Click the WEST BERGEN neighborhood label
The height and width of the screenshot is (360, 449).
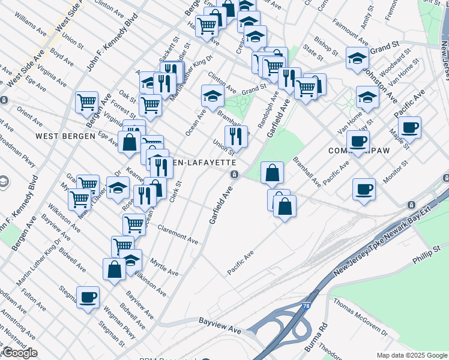[65, 136]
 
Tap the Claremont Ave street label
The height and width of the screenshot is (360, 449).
[178, 234]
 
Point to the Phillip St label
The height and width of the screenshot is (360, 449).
[426, 259]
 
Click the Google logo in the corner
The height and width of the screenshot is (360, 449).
[20, 353]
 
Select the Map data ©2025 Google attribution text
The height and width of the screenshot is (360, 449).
[412, 355]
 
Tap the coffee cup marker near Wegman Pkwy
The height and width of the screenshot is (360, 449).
[88, 296]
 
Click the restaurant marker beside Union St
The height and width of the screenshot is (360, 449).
[236, 136]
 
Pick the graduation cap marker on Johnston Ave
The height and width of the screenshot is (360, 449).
[367, 96]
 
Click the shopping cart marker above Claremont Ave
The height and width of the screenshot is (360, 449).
[134, 224]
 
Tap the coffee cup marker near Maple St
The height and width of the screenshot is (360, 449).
[409, 127]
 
